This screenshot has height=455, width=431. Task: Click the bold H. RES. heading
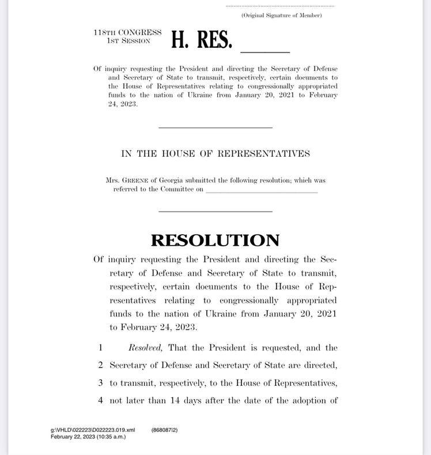point(202,39)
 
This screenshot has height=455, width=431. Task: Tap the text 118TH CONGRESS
point(127,33)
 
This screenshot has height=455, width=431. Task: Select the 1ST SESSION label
point(128,41)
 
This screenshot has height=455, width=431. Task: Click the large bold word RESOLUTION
point(215,240)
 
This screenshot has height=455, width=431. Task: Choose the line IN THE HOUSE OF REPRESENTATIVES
point(215,153)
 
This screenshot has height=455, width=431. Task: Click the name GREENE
point(138,181)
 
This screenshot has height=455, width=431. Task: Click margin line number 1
point(100,348)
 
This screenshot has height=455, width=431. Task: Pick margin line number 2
point(100,365)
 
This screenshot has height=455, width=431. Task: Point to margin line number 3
point(100,382)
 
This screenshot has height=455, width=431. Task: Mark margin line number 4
point(100,400)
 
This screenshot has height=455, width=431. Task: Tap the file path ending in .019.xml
point(93,430)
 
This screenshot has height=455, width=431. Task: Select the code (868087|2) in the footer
point(165,430)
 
